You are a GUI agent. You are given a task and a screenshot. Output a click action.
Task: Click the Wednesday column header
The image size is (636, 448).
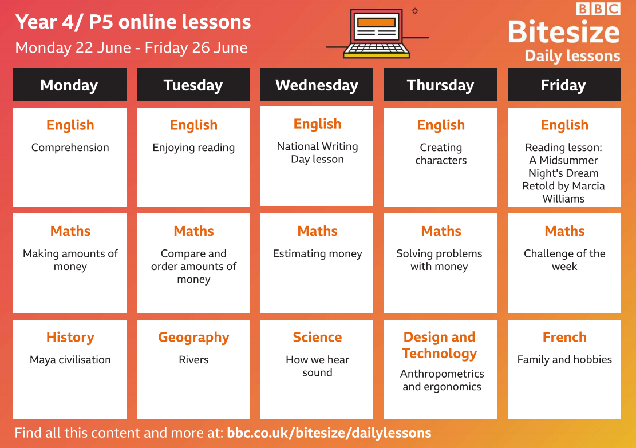click(x=317, y=85)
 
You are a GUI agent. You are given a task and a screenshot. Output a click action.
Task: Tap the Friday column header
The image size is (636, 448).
click(x=564, y=85)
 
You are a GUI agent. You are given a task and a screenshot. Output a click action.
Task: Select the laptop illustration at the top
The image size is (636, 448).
click(x=377, y=34)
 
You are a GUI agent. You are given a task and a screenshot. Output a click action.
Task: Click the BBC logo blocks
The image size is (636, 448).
click(x=598, y=9)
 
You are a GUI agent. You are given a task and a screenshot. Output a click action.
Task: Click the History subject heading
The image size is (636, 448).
click(x=70, y=338)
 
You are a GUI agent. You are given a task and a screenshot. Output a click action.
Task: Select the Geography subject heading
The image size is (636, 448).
click(x=193, y=338)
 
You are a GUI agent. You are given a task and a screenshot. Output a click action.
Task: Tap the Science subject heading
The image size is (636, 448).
click(x=317, y=338)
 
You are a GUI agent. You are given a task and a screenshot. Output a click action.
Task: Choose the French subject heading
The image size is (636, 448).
click(x=564, y=338)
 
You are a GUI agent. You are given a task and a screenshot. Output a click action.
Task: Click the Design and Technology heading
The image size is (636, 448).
click(x=440, y=346)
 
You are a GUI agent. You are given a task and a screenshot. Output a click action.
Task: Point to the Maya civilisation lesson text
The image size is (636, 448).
click(x=70, y=360)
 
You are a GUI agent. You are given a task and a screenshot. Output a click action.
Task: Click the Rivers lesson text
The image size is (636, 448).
click(x=193, y=360)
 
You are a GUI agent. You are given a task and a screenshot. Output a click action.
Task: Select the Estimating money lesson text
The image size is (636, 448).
click(x=317, y=254)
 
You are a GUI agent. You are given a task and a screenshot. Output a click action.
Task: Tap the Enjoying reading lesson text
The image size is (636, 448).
click(x=193, y=148)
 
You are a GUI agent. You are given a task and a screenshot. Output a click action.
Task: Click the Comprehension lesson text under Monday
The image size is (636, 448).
click(x=70, y=148)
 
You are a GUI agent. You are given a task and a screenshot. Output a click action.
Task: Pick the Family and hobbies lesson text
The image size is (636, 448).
click(x=564, y=360)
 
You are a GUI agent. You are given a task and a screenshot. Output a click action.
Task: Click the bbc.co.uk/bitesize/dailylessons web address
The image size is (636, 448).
click(x=329, y=433)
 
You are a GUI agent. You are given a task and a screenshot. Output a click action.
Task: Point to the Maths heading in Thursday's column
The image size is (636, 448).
click(x=441, y=231)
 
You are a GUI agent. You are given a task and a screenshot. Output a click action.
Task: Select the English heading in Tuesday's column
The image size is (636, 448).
click(x=193, y=125)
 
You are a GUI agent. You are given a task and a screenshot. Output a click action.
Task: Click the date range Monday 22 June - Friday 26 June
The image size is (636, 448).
click(x=131, y=48)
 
